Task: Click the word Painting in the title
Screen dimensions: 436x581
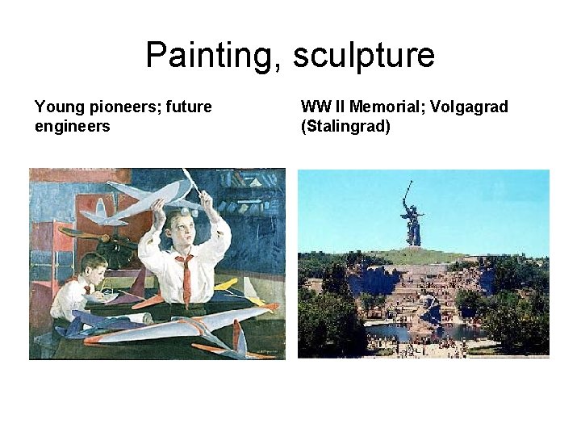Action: (207, 56)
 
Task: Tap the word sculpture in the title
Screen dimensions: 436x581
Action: (364, 56)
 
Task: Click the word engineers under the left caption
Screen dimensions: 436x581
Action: (73, 126)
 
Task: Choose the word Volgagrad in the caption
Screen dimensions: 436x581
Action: (471, 107)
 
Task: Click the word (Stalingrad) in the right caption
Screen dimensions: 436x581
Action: (345, 126)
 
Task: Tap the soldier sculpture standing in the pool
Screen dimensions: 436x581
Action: (428, 311)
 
